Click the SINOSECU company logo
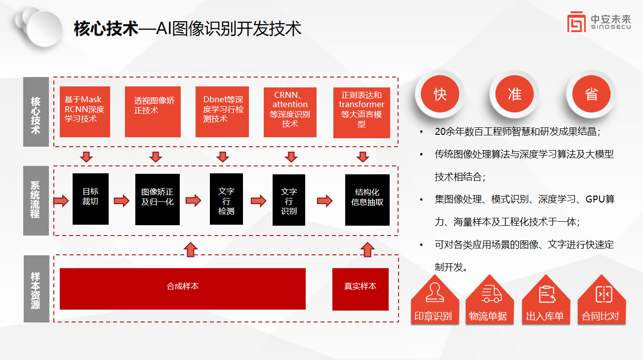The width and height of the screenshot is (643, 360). pos(599,22)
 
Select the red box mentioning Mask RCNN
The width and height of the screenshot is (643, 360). pos(84,112)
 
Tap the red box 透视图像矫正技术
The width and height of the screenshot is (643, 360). pos(152,112)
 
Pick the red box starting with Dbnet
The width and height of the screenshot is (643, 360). pos(222,112)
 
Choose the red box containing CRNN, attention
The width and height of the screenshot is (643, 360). pos(290,112)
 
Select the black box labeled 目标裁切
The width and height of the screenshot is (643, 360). pos(90,199)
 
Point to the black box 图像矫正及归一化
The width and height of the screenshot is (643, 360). pos(158,199)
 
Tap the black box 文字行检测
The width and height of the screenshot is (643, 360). pos(226,199)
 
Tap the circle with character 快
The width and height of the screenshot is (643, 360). pos(440,94)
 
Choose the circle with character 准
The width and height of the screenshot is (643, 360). pos(515,94)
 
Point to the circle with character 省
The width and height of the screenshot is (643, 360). pos(591,94)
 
